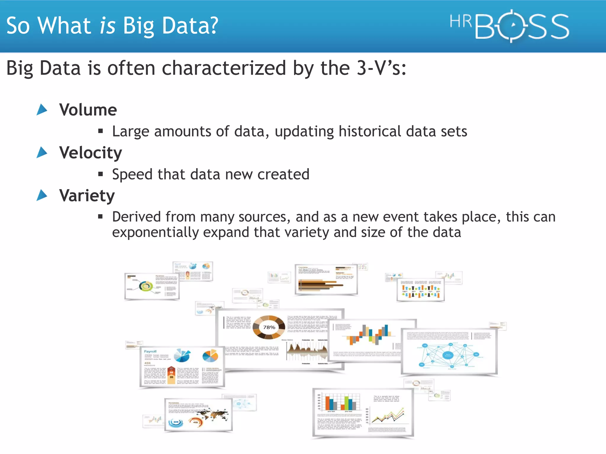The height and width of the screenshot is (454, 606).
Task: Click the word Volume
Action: tap(88, 110)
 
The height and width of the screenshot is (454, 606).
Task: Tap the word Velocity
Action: tap(90, 153)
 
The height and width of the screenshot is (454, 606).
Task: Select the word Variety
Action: tap(87, 196)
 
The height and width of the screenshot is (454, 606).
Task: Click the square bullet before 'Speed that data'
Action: tap(101, 174)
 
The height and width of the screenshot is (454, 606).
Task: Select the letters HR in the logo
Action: tap(460, 22)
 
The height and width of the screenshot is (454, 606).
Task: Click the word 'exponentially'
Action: tap(155, 232)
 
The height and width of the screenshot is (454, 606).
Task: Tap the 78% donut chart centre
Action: tap(269, 327)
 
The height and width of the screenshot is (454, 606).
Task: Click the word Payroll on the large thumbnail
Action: tap(150, 351)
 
